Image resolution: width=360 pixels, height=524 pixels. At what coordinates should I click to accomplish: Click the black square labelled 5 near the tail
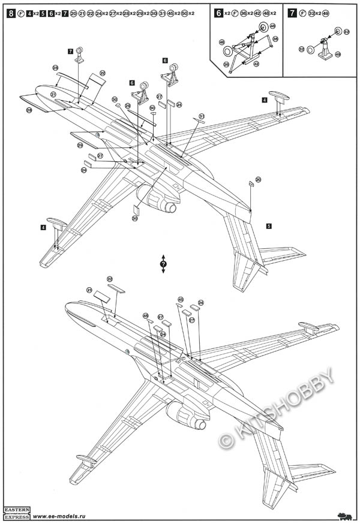tap(269, 226)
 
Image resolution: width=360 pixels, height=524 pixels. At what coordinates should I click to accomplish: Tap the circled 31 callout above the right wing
tap(202, 116)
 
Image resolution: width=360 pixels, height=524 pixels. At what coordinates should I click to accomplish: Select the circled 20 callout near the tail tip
tap(258, 179)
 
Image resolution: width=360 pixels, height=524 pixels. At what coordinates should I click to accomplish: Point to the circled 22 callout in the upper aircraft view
tap(103, 73)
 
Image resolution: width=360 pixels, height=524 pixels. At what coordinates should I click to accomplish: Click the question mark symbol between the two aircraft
tap(163, 264)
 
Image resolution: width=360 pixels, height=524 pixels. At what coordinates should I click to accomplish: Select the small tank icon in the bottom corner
tap(345, 515)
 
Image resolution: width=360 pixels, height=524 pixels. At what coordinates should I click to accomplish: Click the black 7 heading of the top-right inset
tap(292, 13)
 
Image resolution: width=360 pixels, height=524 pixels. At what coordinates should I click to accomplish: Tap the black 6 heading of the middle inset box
tap(218, 13)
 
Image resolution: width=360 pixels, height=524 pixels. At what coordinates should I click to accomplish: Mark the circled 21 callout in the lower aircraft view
tap(89, 290)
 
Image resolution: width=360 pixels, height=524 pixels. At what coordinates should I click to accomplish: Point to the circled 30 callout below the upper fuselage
tap(135, 218)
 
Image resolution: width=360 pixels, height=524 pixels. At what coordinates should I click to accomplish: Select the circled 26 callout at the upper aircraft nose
tap(29, 111)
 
